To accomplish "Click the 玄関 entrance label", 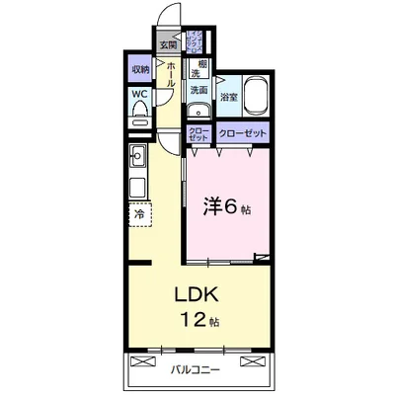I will [x=168, y=44].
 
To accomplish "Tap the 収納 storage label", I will [x=138, y=70].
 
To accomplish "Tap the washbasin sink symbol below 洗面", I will [x=198, y=111].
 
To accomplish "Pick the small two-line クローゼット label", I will [x=197, y=133].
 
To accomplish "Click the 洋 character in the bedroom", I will [x=210, y=205].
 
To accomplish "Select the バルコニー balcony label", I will [x=193, y=370].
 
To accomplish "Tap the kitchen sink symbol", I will [x=137, y=155].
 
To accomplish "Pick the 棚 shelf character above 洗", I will [x=197, y=64].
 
